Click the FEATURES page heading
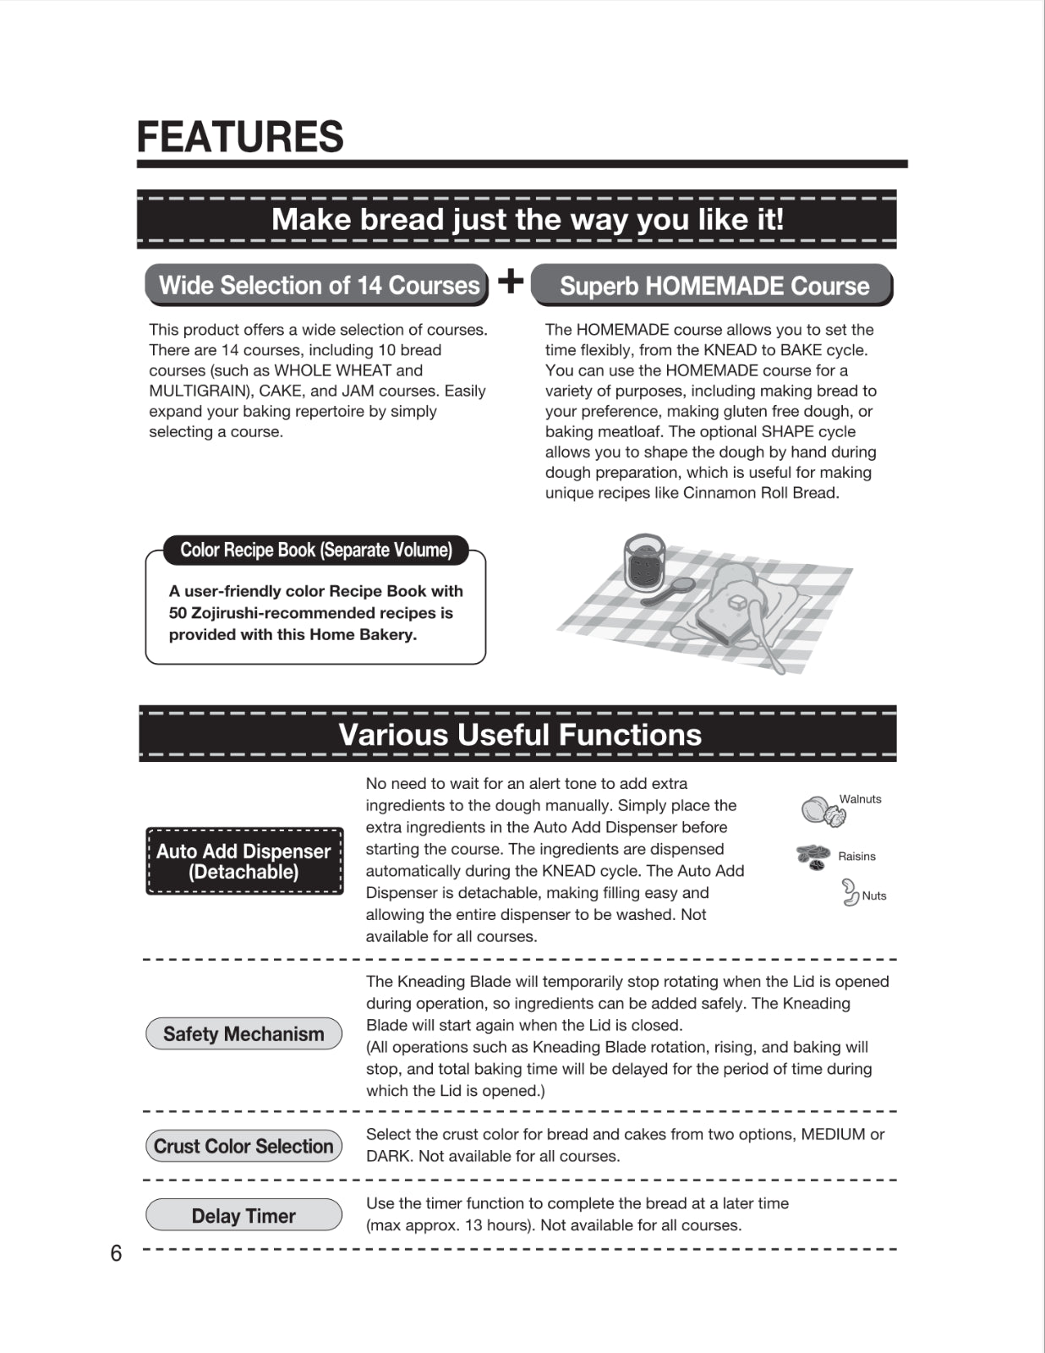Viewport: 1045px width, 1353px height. pyautogui.click(x=240, y=137)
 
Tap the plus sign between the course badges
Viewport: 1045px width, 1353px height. pyautogui.click(x=510, y=281)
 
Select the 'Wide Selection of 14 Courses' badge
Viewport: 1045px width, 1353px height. pyautogui.click(x=318, y=285)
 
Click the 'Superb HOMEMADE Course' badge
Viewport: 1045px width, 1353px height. pyautogui.click(x=713, y=286)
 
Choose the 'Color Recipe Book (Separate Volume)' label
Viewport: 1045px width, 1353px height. pyautogui.click(x=315, y=550)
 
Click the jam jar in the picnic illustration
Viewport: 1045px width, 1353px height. pyautogui.click(x=643, y=562)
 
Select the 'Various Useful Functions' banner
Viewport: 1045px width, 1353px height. pyautogui.click(x=519, y=734)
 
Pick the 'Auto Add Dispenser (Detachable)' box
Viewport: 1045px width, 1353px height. pyautogui.click(x=243, y=861)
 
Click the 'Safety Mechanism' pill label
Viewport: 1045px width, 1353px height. pyautogui.click(x=243, y=1033)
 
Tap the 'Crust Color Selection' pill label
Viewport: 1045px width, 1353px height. pyautogui.click(x=243, y=1146)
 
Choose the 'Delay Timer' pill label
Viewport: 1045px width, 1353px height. pyautogui.click(x=243, y=1215)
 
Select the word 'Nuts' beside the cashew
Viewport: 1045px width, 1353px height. pyautogui.click(x=874, y=896)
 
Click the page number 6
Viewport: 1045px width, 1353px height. pyautogui.click(x=116, y=1253)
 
